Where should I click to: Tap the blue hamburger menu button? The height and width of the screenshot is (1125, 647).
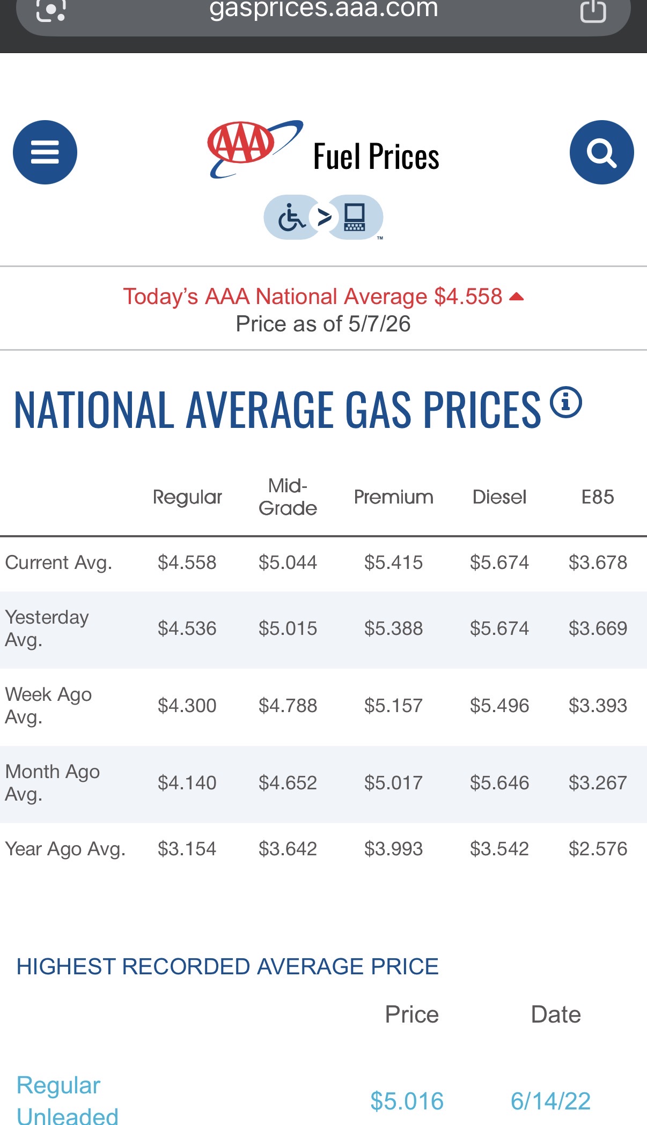click(x=45, y=152)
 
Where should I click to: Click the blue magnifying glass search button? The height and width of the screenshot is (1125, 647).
click(x=601, y=152)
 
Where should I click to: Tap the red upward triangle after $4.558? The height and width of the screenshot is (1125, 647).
click(x=516, y=297)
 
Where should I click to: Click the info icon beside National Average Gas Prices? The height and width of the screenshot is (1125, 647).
click(x=566, y=402)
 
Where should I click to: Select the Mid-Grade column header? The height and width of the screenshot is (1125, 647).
click(x=288, y=497)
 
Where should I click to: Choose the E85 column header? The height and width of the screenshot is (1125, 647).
click(x=598, y=497)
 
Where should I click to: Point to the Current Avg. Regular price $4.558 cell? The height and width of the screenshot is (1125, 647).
click(x=187, y=562)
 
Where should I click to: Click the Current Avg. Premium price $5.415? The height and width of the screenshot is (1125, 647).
click(x=393, y=562)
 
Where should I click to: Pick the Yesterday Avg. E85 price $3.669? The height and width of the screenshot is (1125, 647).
click(x=598, y=628)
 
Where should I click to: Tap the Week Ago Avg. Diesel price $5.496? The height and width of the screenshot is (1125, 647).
click(x=499, y=706)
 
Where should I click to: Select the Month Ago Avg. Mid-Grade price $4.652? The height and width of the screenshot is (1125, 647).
click(x=288, y=783)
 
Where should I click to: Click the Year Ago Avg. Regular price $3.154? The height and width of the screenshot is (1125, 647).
click(x=187, y=849)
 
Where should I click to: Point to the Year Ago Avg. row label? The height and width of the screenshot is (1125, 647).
click(x=65, y=849)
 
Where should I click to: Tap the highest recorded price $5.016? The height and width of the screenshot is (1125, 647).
click(x=407, y=1101)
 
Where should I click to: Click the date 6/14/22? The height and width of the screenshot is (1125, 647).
click(x=550, y=1101)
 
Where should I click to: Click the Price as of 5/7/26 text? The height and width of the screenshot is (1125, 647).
click(x=323, y=324)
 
